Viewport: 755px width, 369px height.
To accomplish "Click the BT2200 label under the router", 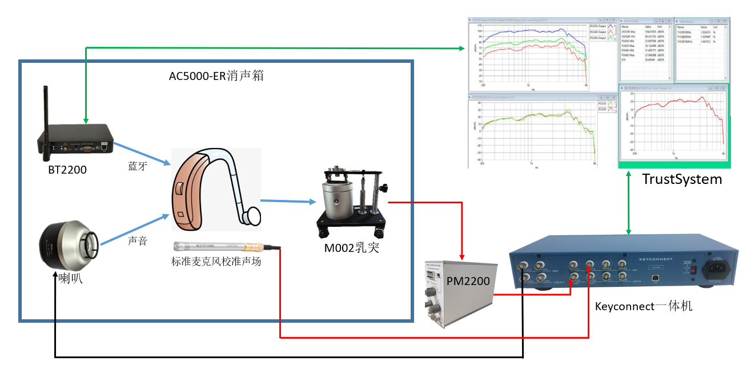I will coord(67,169).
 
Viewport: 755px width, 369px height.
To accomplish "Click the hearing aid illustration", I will coord(206,188).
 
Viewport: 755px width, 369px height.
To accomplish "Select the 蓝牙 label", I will coord(138,166).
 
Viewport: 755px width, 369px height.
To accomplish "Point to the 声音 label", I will coord(137,240).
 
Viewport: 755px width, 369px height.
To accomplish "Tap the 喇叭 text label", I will coord(71,280).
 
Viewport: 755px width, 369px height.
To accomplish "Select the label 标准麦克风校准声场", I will coord(216,262).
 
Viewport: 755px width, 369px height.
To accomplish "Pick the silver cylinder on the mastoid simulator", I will coord(338,200).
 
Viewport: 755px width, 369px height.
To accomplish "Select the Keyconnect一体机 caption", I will coord(644,306).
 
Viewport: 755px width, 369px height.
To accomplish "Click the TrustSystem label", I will coord(681,179).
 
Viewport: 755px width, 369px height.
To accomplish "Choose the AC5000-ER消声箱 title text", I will coord(216,75).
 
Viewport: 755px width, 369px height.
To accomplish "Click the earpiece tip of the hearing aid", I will coord(252,215).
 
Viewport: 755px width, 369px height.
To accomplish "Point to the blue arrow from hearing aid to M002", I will coord(288,201).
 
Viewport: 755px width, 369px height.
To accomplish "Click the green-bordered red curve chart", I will coord(674,126).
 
